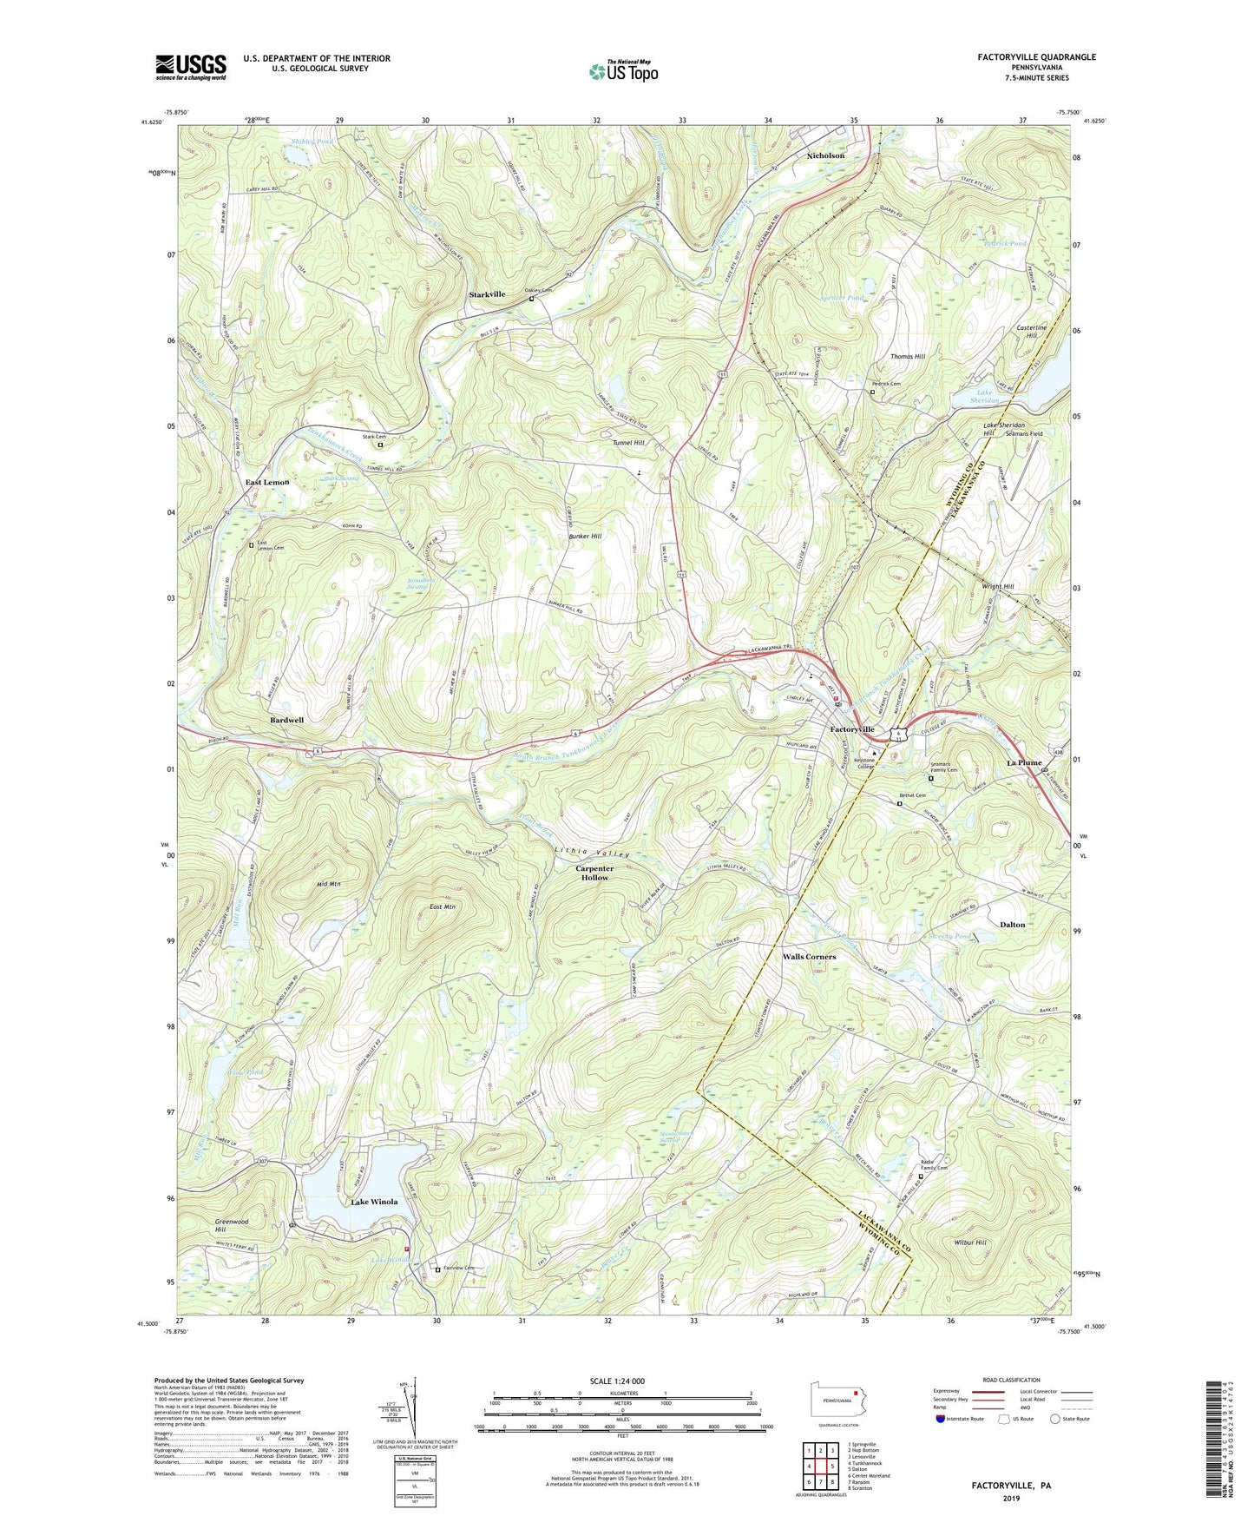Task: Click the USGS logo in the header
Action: coord(191,67)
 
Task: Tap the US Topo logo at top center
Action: coord(623,71)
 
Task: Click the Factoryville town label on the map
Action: coord(852,729)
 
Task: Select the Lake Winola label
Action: coord(374,1202)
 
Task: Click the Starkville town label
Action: coord(487,294)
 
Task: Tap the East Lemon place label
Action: coord(266,482)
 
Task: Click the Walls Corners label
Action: coord(809,956)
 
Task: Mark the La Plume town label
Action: coord(1024,762)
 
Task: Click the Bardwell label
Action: coord(286,720)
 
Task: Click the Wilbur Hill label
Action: coord(968,1242)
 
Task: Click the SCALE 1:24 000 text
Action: coord(617,1381)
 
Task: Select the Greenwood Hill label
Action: coord(232,1225)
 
